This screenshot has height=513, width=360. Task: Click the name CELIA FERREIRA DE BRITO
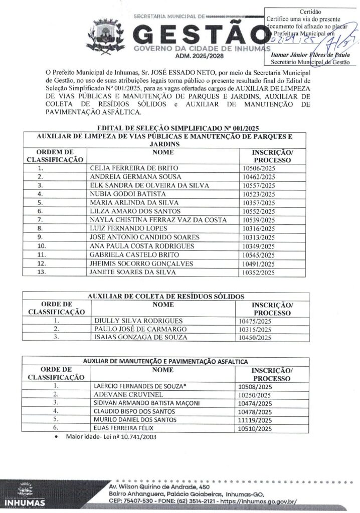(x=133, y=168)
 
